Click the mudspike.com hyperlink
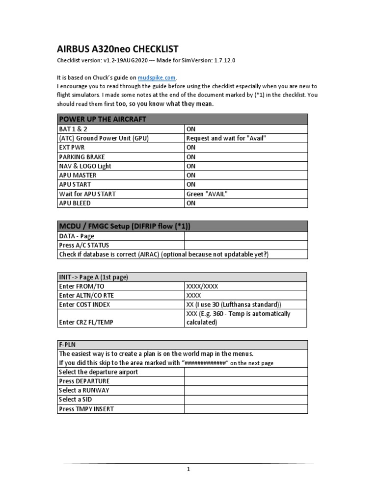point(157,77)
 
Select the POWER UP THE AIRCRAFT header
point(103,119)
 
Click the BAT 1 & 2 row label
point(72,129)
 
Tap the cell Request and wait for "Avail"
point(226,138)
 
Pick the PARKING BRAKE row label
point(79,157)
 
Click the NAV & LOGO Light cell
point(85,166)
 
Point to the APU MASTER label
point(78,175)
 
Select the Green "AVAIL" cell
point(207,194)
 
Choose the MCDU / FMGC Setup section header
point(124,226)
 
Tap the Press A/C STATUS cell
point(84,245)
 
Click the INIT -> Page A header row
point(93,277)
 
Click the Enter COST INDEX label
point(84,304)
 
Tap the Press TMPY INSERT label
point(86,409)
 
